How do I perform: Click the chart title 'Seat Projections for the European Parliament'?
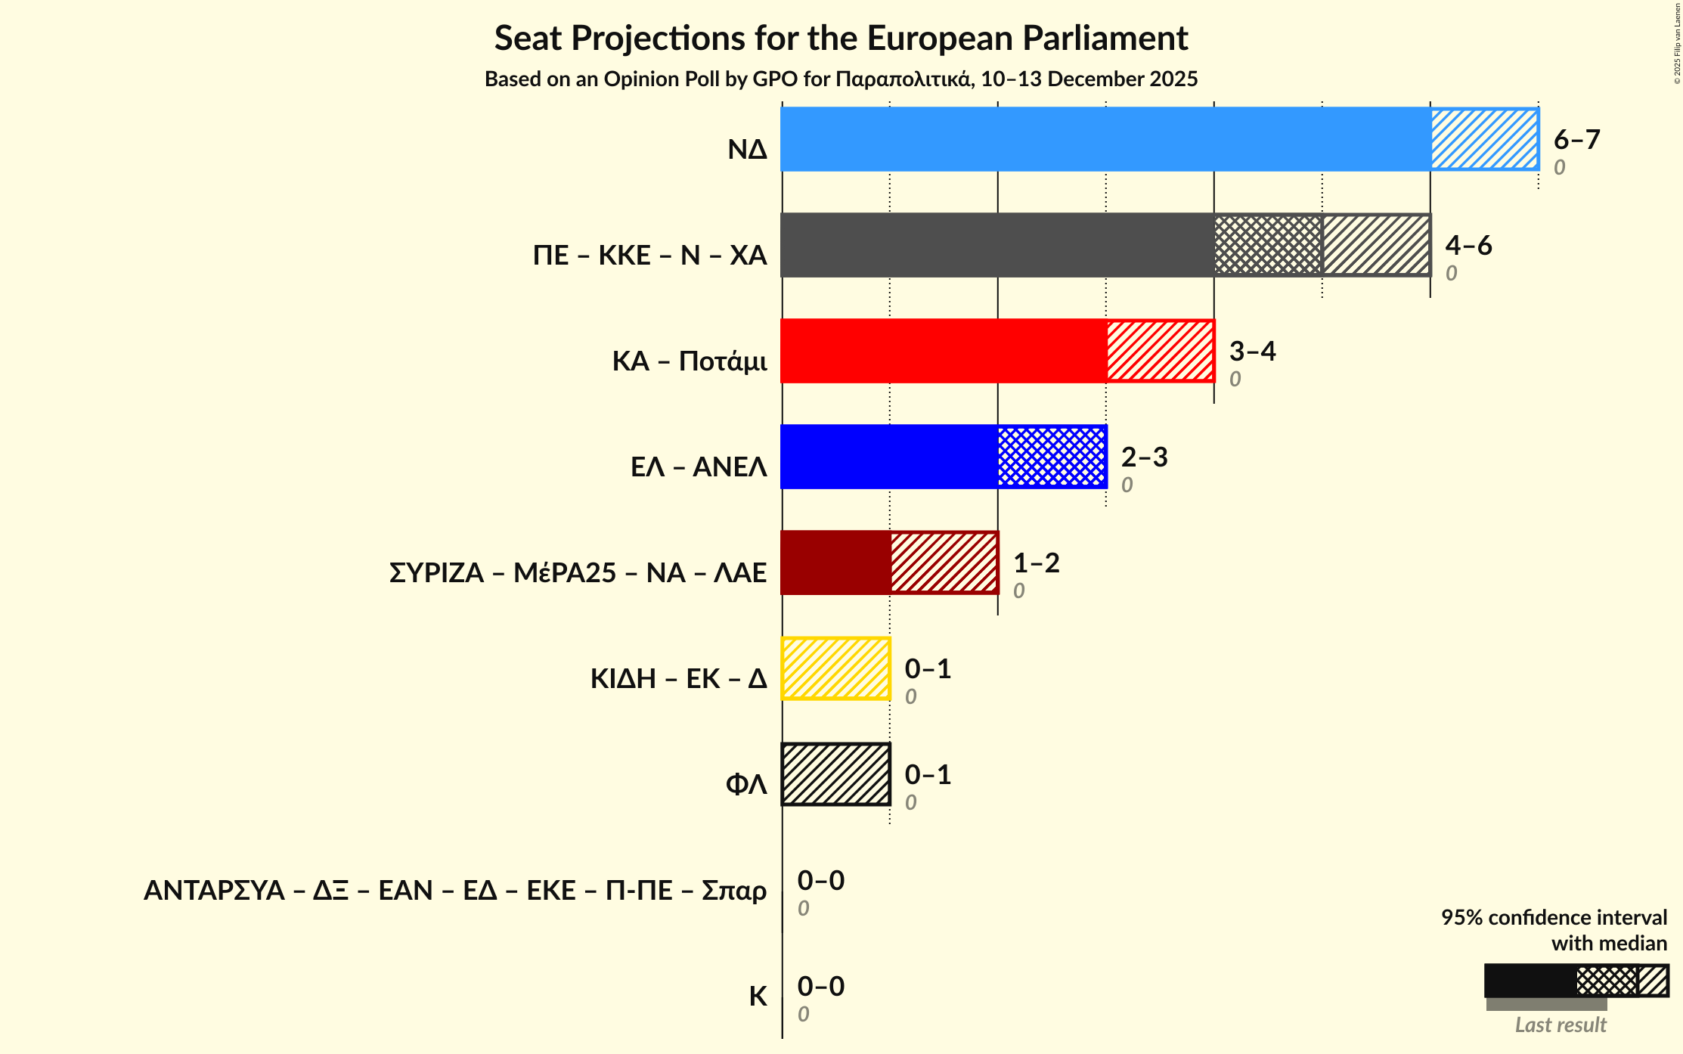pyautogui.click(x=841, y=38)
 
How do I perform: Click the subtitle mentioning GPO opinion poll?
pyautogui.click(x=841, y=79)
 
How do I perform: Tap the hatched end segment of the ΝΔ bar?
pyautogui.click(x=1484, y=139)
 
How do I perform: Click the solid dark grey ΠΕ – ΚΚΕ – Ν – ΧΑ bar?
pyautogui.click(x=997, y=245)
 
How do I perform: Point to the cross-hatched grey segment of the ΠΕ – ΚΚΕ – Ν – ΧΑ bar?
pyautogui.click(x=1268, y=245)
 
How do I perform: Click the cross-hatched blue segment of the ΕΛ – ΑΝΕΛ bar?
pyautogui.click(x=1052, y=457)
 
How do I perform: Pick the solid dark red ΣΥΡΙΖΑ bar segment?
pyautogui.click(x=835, y=563)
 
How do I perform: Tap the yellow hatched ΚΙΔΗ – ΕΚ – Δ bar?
pyautogui.click(x=835, y=668)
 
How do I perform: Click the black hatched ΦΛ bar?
pyautogui.click(x=835, y=774)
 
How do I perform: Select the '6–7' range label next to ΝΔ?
pyautogui.click(x=1576, y=140)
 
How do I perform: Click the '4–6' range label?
pyautogui.click(x=1468, y=246)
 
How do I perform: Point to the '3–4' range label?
pyautogui.click(x=1252, y=352)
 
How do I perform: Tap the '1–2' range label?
pyautogui.click(x=1036, y=563)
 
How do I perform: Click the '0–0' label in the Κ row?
pyautogui.click(x=820, y=987)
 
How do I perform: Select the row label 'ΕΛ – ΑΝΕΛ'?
pyautogui.click(x=699, y=467)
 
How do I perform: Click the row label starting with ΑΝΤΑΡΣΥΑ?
pyautogui.click(x=455, y=891)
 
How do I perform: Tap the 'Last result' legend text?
pyautogui.click(x=1561, y=1025)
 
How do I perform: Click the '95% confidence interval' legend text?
pyautogui.click(x=1554, y=918)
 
